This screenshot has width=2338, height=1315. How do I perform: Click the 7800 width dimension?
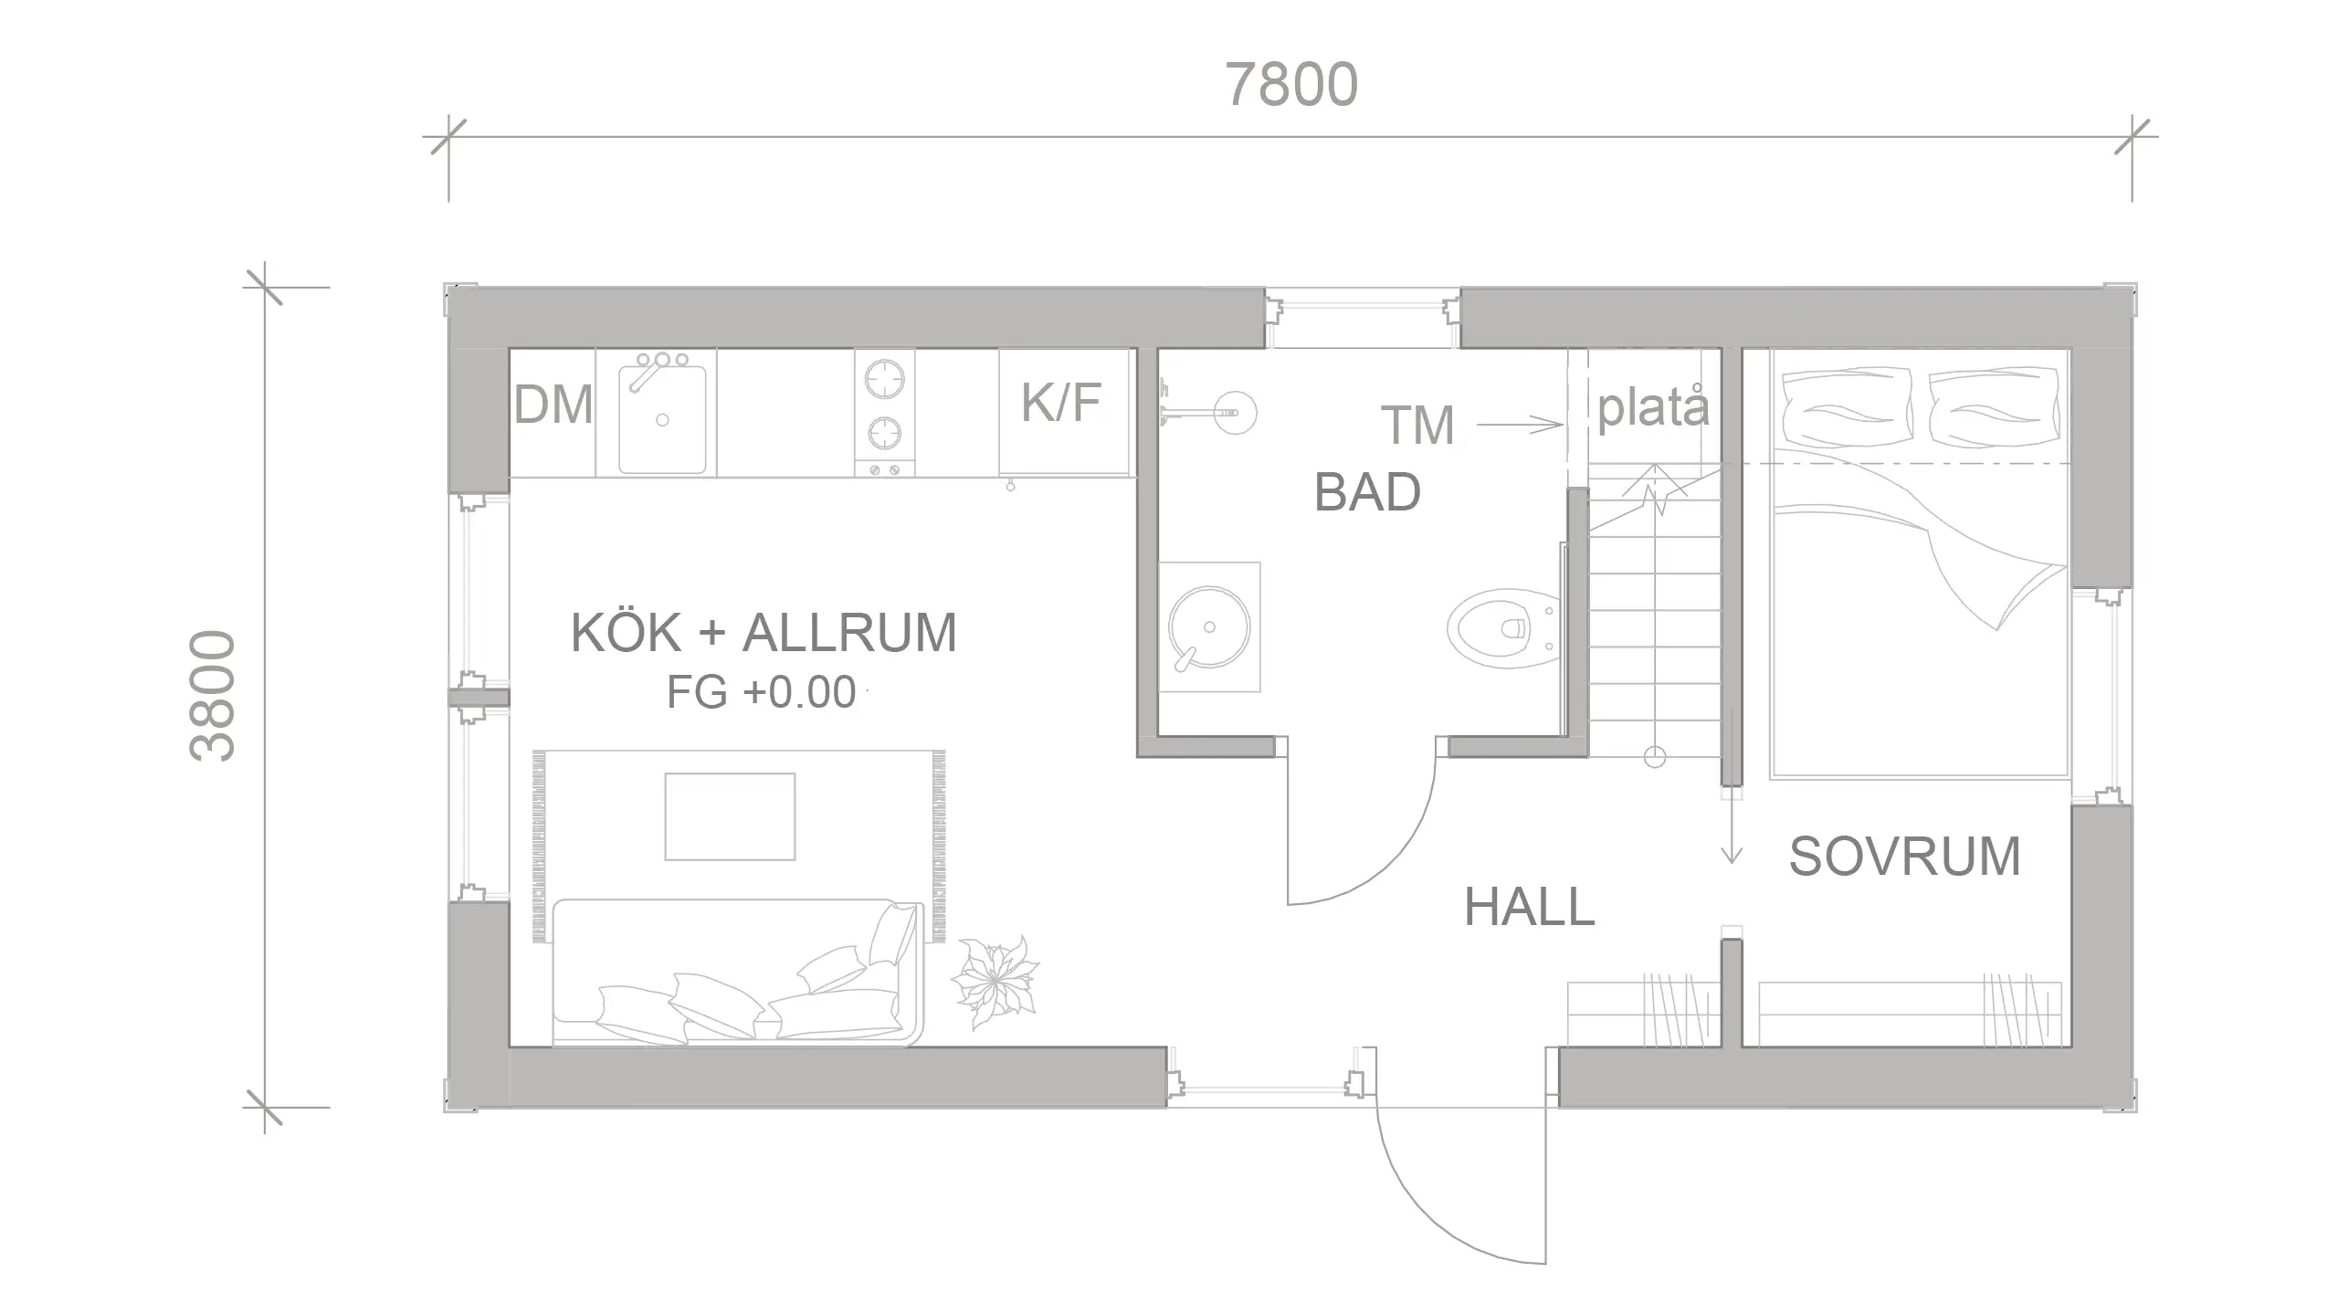(x=1290, y=85)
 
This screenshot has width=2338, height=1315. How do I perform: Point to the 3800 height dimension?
(x=212, y=696)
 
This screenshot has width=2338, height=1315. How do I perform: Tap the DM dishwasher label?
(x=553, y=405)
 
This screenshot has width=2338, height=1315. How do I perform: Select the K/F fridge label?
(x=1061, y=402)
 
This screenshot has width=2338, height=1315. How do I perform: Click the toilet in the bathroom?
(x=1503, y=627)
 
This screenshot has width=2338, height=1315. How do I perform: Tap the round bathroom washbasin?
(x=1209, y=627)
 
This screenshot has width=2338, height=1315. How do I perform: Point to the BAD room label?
(x=1367, y=492)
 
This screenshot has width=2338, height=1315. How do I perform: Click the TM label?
(x=1417, y=425)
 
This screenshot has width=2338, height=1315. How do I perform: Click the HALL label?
(x=1530, y=908)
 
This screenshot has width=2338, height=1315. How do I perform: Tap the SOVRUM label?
(x=1904, y=857)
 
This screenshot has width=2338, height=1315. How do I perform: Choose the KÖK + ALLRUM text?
(x=764, y=632)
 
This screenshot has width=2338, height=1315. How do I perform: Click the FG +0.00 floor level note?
(x=761, y=692)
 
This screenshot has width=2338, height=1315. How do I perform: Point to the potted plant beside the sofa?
(x=995, y=983)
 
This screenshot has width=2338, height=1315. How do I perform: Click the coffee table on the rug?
(x=730, y=816)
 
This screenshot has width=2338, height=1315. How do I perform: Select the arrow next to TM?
(x=1519, y=425)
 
